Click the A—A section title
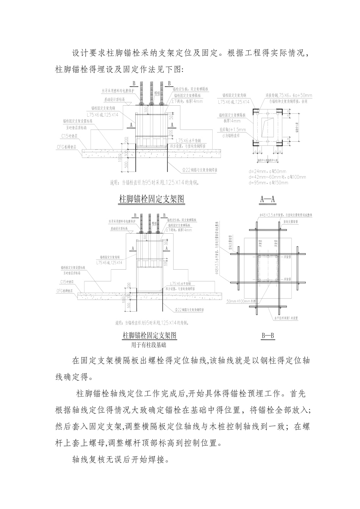coord(268,199)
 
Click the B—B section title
coord(268,336)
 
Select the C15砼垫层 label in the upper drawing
coord(68,135)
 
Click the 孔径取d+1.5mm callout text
coord(232,130)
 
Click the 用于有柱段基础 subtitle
coord(149,345)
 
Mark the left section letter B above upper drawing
coord(134,83)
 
